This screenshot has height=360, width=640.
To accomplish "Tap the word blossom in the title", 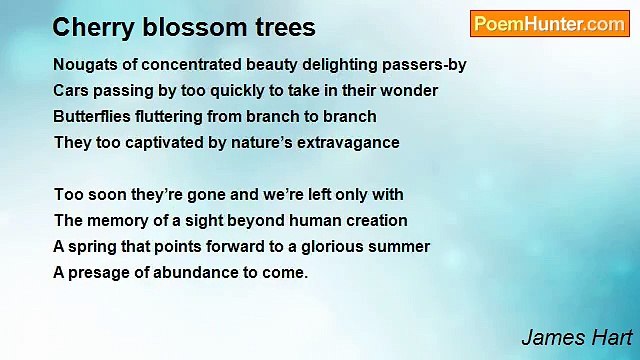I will pyautogui.click(x=176, y=27).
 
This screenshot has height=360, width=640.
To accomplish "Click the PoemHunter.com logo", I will pyautogui.click(x=549, y=25).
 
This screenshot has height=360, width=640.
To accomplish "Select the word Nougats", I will pyautogui.click(x=84, y=65).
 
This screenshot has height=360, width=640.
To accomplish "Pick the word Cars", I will pyautogui.click(x=70, y=91).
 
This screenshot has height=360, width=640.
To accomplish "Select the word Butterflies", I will pyautogui.click(x=91, y=117).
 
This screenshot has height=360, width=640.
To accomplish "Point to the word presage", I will pyautogui.click(x=99, y=273).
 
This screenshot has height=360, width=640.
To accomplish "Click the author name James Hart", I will pyautogui.click(x=576, y=337).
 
